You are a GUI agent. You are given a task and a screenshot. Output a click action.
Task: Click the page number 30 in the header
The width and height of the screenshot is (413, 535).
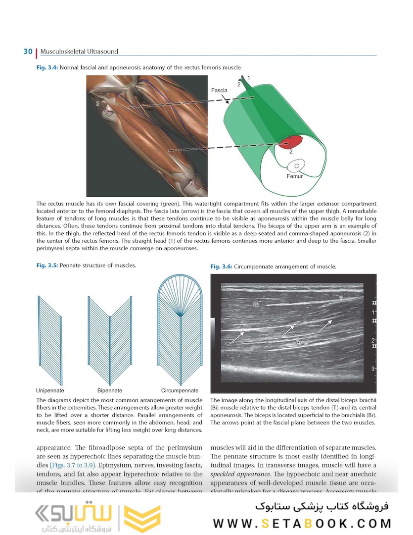(27, 52)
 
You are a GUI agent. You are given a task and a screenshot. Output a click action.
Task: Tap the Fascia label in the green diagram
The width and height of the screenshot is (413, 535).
(219, 91)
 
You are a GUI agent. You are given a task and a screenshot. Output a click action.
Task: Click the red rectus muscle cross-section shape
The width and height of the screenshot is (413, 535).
(289, 143)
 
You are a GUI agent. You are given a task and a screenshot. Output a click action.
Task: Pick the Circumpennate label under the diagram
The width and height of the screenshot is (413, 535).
(180, 390)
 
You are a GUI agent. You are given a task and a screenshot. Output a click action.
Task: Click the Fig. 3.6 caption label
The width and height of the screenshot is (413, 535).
(221, 267)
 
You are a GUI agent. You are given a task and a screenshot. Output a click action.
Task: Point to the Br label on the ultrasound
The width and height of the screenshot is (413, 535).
(299, 342)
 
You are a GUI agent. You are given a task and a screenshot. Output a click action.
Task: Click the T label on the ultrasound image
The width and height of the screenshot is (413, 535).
(341, 299)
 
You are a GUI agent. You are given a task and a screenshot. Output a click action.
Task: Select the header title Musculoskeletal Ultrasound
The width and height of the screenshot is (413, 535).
(79, 52)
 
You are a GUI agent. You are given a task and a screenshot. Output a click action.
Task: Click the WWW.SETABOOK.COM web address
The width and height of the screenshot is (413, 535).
(302, 523)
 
